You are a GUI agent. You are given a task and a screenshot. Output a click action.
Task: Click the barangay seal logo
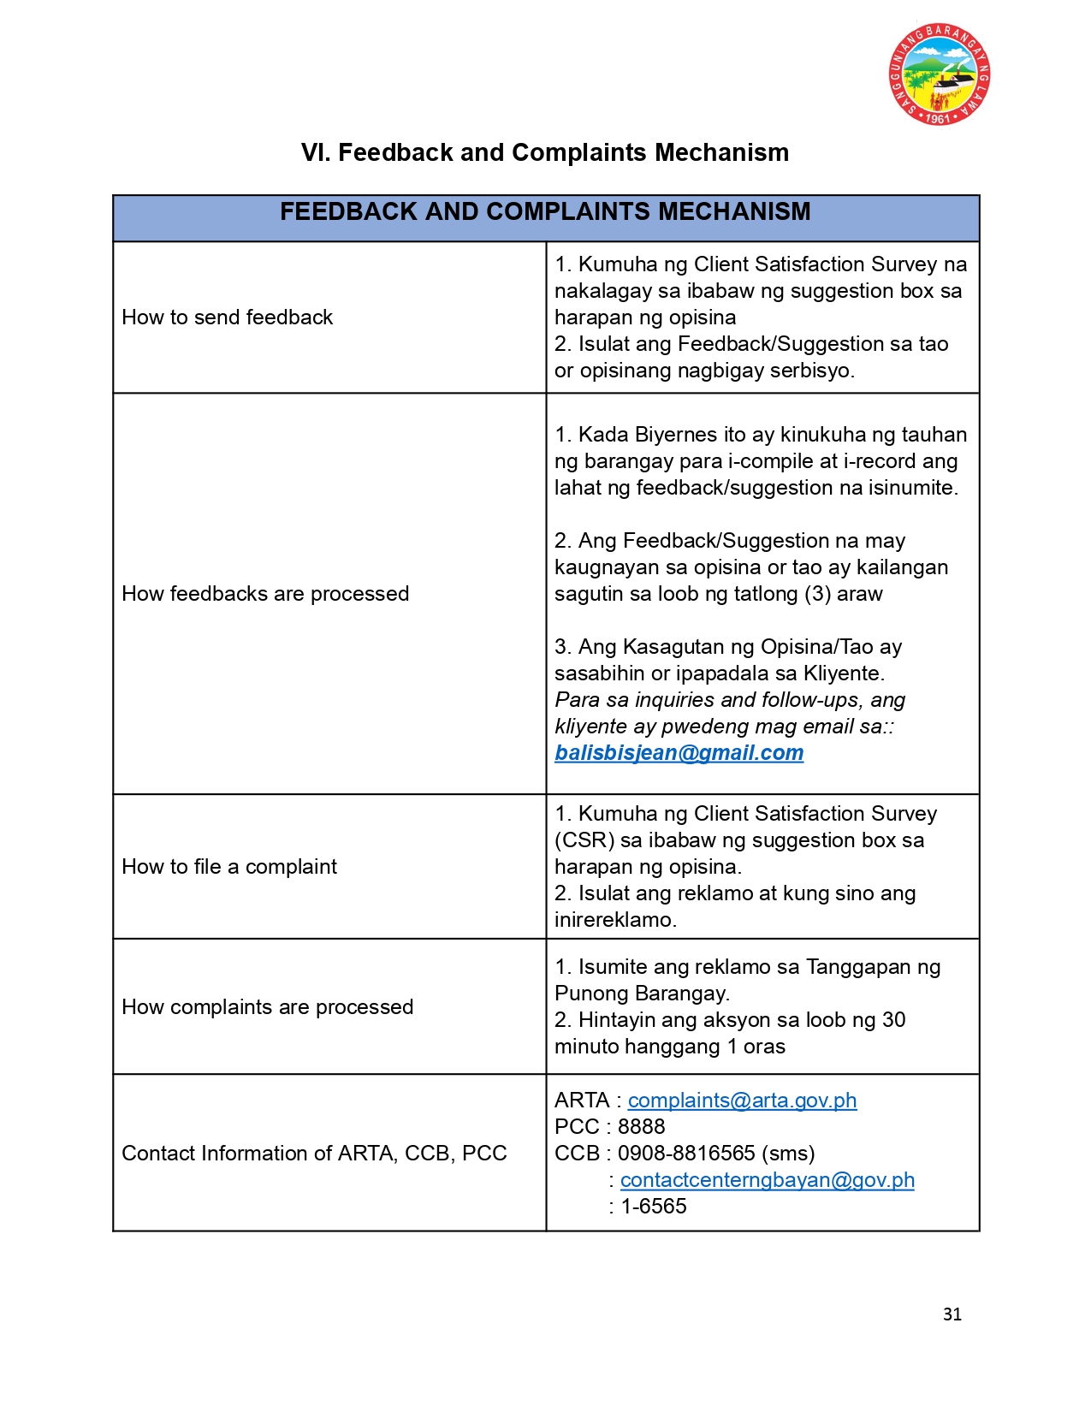[939, 74]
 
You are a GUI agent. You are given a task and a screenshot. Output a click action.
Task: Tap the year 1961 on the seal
[938, 119]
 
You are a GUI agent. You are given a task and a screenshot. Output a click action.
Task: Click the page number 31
[952, 1314]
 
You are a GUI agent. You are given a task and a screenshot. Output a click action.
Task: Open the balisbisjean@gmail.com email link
[679, 753]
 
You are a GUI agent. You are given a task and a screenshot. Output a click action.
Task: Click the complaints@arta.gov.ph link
[742, 1101]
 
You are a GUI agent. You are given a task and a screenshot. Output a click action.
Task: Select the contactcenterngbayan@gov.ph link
[767, 1180]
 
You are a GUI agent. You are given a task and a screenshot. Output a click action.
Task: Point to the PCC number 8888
[641, 1127]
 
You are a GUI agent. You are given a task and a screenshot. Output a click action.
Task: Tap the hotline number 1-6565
[654, 1207]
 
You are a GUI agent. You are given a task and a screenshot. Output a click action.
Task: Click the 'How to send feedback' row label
[227, 317]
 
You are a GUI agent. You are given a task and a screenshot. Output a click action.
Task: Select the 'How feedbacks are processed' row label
[265, 594]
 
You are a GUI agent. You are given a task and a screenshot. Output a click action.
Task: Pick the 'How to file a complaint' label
[229, 867]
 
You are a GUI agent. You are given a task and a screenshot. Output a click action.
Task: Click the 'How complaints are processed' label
[267, 1007]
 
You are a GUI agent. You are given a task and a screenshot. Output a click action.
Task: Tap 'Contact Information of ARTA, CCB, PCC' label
[314, 1154]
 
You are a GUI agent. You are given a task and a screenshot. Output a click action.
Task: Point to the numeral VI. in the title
[316, 153]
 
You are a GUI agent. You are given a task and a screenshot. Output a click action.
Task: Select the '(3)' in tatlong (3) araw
[817, 594]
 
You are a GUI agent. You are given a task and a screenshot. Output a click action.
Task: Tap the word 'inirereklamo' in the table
[614, 920]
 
